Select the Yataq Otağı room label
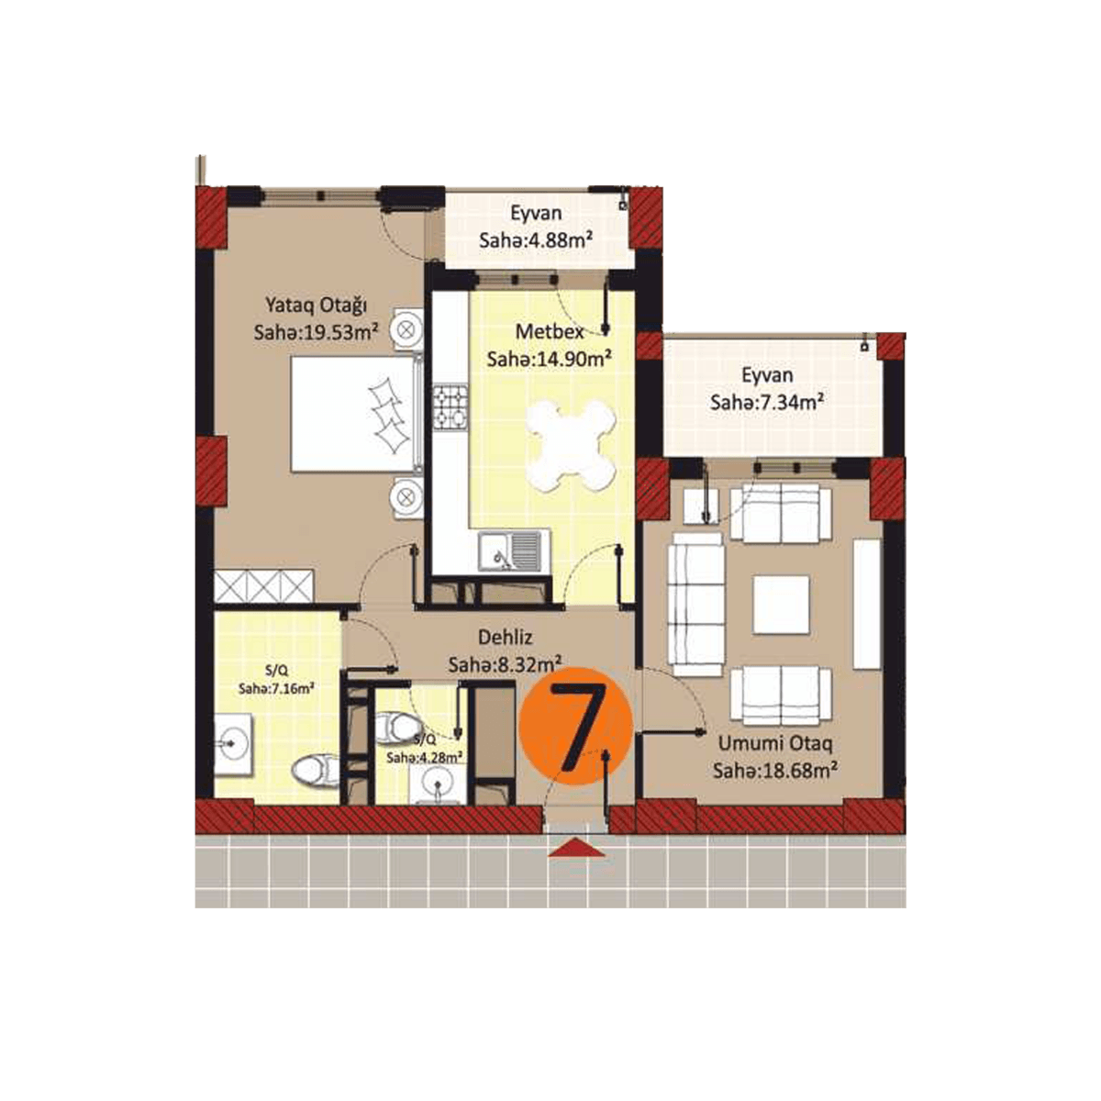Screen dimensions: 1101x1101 (x=317, y=304)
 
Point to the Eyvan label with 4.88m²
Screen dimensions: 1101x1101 (x=536, y=215)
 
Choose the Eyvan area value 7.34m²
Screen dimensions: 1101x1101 (x=765, y=403)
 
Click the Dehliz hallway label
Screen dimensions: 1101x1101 (x=505, y=637)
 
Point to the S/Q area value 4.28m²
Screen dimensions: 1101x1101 (x=424, y=758)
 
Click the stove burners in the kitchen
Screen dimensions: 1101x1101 (x=450, y=408)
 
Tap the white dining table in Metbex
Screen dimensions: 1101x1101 (x=571, y=444)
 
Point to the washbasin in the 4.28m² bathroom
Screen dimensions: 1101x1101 (x=436, y=784)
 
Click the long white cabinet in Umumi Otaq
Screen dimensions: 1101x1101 (x=866, y=604)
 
